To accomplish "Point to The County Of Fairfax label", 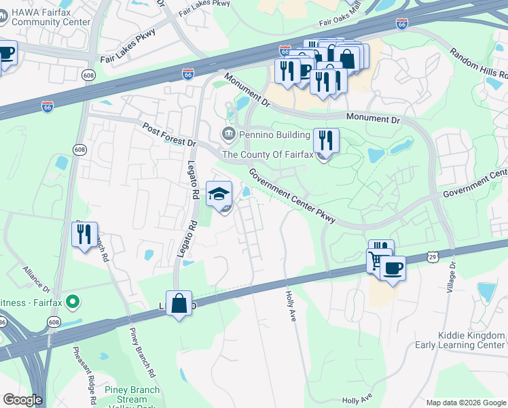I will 268,154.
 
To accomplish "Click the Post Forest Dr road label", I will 169,135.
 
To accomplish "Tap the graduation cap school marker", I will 219,194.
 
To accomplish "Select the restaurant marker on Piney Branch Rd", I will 84,235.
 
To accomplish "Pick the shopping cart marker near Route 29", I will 377,259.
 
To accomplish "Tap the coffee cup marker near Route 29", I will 393,268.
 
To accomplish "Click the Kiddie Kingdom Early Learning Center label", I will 462,340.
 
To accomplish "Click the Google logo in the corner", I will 22,400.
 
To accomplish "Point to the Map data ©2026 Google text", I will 465,403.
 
